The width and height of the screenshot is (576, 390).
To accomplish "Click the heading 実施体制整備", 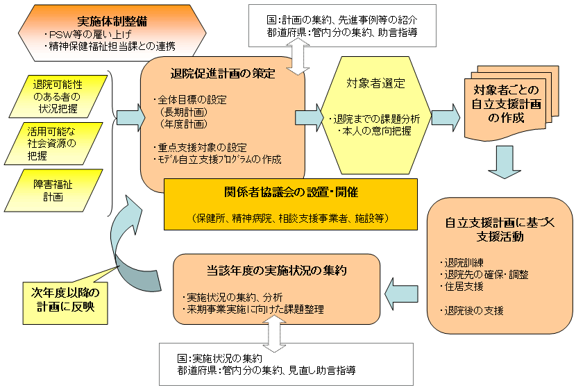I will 107,21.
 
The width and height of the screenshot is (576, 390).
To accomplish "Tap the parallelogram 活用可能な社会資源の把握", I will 59,144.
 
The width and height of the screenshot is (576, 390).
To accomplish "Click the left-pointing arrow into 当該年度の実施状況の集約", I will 403,292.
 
